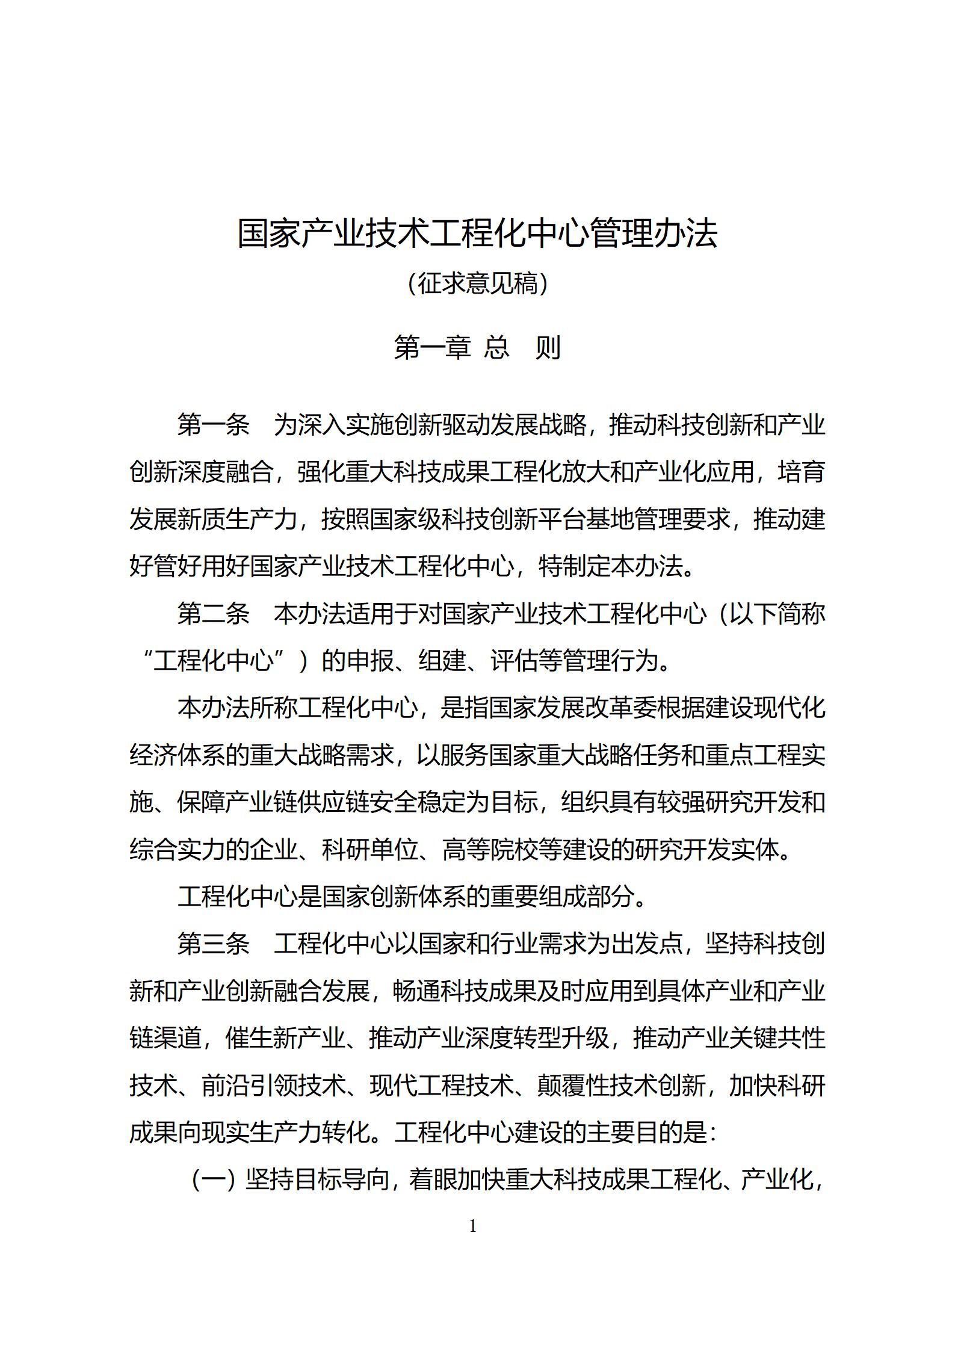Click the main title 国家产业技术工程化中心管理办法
(477, 234)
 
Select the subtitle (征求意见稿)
(477, 283)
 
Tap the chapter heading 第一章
(431, 348)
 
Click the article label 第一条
(213, 425)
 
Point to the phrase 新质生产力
(237, 519)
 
